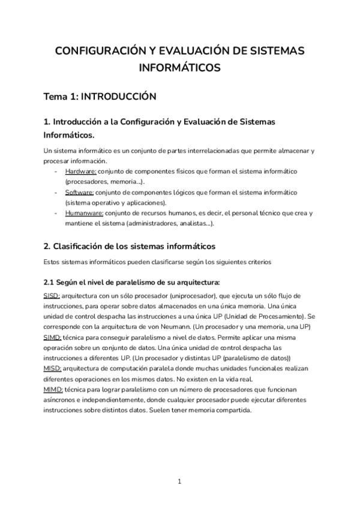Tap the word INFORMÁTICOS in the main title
[179, 68]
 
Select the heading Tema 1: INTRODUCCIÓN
[100, 96]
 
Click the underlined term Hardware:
[80, 171]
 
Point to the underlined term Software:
[79, 192]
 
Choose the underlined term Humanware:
[84, 212]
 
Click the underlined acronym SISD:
[52, 296]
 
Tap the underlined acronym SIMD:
[53, 337]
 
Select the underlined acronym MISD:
[52, 369]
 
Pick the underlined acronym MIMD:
[53, 390]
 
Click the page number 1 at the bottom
[179, 481]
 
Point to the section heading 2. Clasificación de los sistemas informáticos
[129, 246]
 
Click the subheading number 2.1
[49, 282]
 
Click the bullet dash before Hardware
[56, 171]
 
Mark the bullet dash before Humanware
[56, 212]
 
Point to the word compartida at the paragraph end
[232, 411]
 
